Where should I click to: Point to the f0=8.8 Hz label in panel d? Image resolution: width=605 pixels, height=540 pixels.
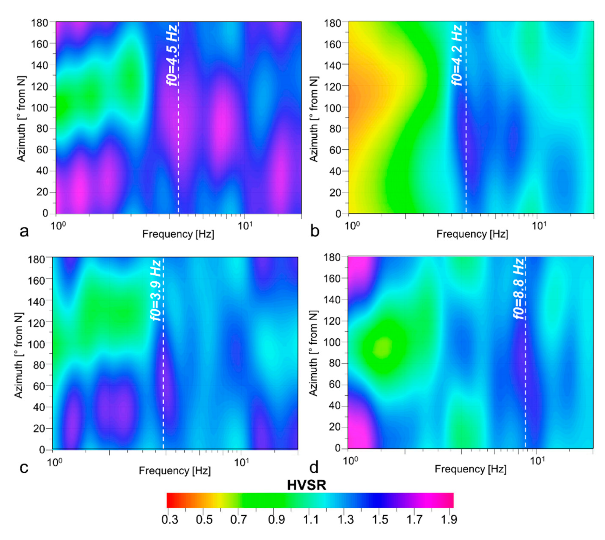pos(519,288)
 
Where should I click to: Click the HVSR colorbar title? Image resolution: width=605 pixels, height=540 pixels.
pos(306,485)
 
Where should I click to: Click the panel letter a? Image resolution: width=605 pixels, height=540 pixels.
pos(24,232)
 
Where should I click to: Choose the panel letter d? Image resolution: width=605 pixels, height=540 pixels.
pos(314,467)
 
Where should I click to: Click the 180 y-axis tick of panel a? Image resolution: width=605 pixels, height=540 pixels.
pos(40,23)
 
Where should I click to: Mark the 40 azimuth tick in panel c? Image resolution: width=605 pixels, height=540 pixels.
pos(39,407)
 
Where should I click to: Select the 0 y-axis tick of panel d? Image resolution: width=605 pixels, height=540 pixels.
pos(337,448)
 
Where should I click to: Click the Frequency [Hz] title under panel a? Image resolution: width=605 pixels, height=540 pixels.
pos(178,234)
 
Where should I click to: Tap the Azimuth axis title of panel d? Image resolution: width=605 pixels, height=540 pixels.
pos(313,353)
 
